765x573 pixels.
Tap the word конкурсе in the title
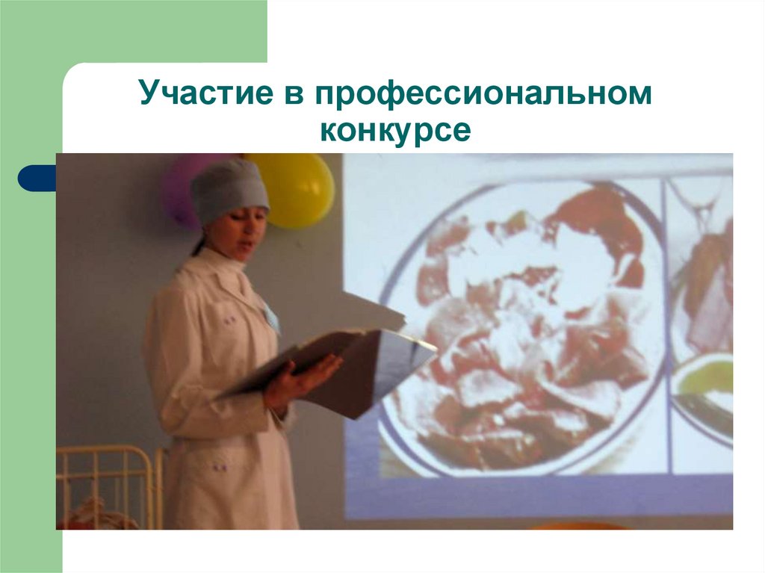(x=395, y=131)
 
